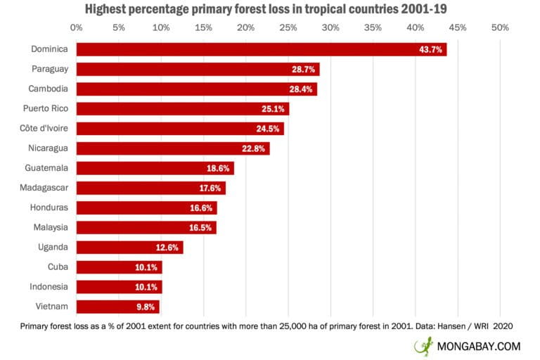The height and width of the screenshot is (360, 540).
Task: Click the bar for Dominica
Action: coord(261,49)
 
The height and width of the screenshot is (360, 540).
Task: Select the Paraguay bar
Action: coord(198,69)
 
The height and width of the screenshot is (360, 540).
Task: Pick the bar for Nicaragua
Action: coord(172,148)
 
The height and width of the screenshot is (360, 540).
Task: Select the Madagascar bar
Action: coord(150,188)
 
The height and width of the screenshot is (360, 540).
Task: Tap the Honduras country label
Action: coord(49,208)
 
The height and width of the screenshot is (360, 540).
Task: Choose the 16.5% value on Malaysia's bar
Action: coord(202,228)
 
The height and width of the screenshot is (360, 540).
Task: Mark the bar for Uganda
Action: coord(129,247)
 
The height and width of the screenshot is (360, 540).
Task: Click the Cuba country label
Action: coord(58,267)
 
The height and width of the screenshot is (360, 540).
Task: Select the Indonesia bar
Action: coord(119,287)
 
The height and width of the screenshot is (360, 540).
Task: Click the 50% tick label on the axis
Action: coord(499,28)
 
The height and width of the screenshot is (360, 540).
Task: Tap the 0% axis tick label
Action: coord(76,28)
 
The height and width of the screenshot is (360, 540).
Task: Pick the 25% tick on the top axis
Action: coord(288,28)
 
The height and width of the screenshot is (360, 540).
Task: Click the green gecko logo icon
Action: coord(424,346)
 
